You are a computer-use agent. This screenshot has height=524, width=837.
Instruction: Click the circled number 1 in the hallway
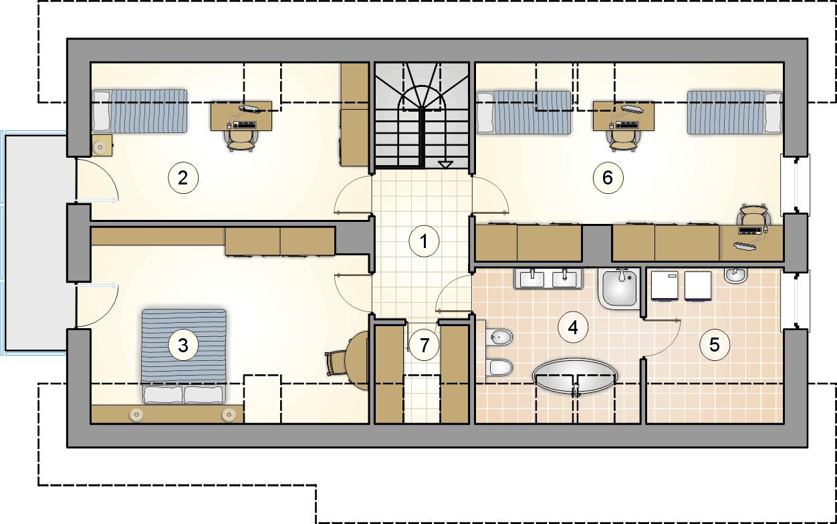tap(424, 241)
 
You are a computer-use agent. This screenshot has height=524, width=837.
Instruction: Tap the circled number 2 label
tap(183, 178)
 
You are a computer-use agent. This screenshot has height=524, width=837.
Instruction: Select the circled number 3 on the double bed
tap(183, 345)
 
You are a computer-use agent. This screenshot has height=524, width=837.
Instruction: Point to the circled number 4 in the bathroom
tap(573, 327)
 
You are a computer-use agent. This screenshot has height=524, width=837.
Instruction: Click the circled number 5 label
tap(715, 345)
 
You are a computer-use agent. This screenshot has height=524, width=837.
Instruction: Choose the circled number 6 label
tap(608, 177)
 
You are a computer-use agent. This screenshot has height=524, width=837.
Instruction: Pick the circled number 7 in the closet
tap(424, 345)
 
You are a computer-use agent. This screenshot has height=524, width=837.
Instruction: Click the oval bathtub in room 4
tap(575, 376)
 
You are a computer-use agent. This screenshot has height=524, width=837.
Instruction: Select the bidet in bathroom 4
tap(500, 338)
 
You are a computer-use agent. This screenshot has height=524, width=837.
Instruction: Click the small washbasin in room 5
tap(735, 275)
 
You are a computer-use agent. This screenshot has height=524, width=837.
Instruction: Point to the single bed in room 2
tap(140, 110)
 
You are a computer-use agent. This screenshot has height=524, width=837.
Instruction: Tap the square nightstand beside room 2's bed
tap(102, 145)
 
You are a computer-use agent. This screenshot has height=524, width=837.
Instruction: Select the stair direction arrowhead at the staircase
tap(445, 164)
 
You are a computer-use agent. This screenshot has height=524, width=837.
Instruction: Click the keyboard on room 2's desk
tap(245, 125)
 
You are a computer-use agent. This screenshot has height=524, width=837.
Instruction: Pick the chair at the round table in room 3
tap(336, 363)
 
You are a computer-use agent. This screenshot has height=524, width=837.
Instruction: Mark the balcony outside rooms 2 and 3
tap(35, 243)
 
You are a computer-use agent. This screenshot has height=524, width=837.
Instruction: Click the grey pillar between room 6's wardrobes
tap(596, 243)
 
